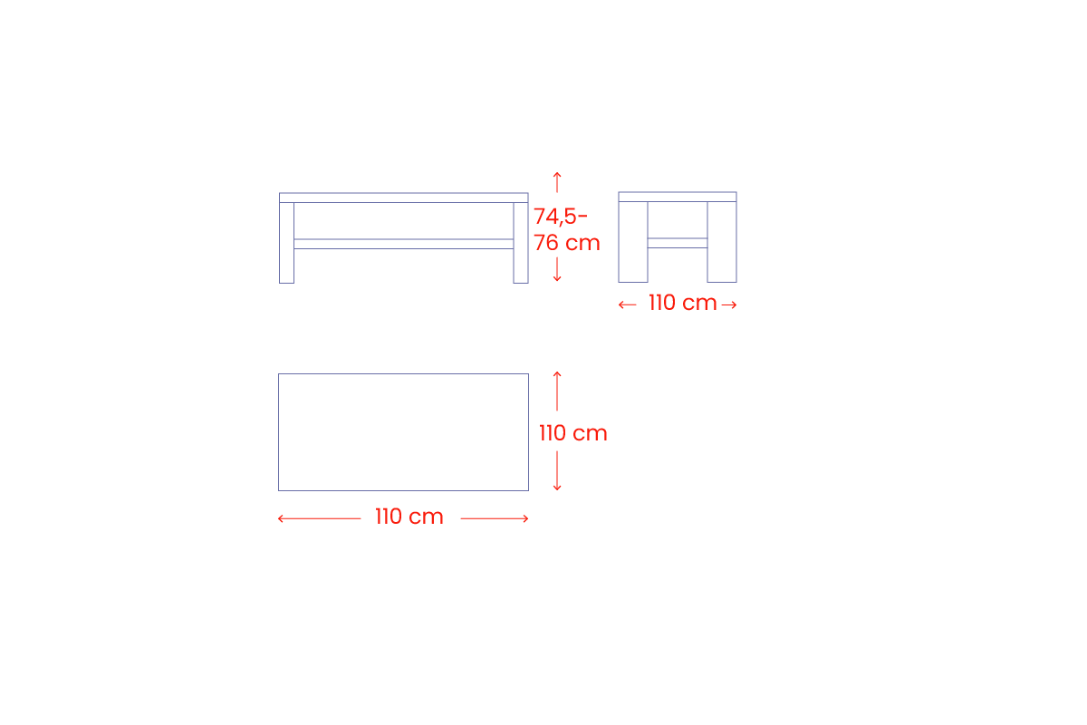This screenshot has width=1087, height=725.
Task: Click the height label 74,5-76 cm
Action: click(567, 229)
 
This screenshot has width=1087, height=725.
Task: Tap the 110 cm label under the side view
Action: click(683, 303)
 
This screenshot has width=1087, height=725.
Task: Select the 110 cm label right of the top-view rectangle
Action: click(573, 432)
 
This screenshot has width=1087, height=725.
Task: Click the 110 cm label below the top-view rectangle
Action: click(409, 517)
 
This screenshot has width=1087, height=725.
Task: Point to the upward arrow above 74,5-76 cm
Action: click(557, 182)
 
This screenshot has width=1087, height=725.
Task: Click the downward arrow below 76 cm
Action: click(557, 269)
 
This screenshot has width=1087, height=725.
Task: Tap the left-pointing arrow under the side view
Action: click(627, 305)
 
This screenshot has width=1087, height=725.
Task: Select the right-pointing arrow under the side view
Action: click(729, 305)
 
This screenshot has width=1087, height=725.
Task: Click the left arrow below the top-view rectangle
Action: click(319, 518)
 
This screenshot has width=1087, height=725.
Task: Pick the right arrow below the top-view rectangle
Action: click(495, 518)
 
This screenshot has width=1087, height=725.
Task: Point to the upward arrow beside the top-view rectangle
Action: click(557, 391)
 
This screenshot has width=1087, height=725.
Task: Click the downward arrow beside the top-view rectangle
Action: click(557, 471)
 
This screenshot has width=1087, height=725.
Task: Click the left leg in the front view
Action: click(287, 243)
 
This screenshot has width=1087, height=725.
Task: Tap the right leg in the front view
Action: click(521, 243)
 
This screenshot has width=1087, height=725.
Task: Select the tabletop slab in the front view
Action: click(404, 198)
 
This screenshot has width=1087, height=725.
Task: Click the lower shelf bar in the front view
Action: click(404, 244)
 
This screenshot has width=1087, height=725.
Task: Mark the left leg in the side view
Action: click(633, 242)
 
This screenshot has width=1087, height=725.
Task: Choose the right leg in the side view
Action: click(722, 242)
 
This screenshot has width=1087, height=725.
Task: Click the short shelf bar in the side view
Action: click(678, 243)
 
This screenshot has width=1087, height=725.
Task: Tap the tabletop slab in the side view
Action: click(678, 197)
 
